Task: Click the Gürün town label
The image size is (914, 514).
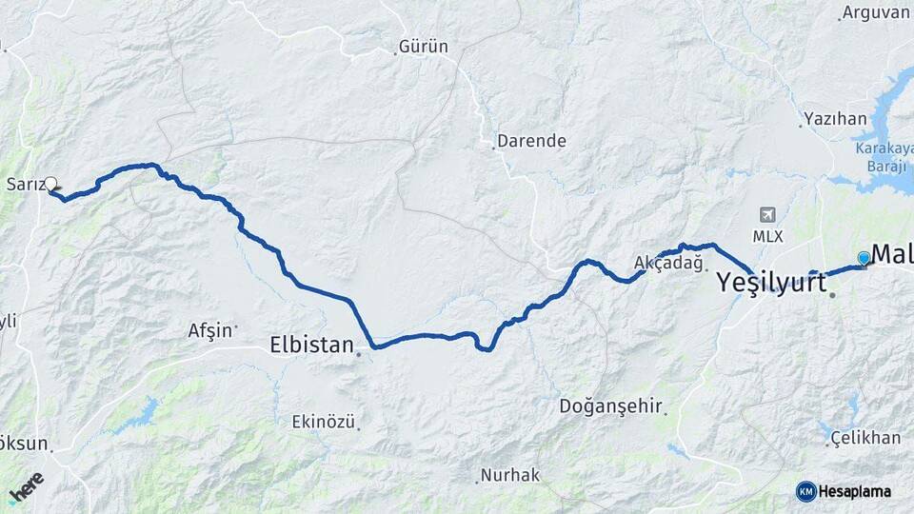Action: [424, 47]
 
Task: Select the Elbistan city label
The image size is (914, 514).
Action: [312, 344]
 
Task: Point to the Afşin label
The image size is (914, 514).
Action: [209, 330]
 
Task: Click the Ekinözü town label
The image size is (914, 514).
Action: [323, 421]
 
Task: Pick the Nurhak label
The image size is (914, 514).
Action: [510, 474]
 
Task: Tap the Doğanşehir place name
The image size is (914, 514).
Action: [610, 406]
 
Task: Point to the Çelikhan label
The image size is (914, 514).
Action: [864, 437]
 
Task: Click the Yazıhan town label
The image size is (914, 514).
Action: [835, 119]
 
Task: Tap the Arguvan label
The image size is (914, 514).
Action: [876, 12]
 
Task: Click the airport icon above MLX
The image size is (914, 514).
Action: [768, 215]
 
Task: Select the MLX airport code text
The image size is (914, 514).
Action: [768, 236]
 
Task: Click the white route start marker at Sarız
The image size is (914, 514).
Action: [51, 185]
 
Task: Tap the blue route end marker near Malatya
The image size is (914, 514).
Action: [864, 258]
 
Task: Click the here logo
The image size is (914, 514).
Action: [26, 486]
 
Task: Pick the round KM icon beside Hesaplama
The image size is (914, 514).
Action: [805, 491]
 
